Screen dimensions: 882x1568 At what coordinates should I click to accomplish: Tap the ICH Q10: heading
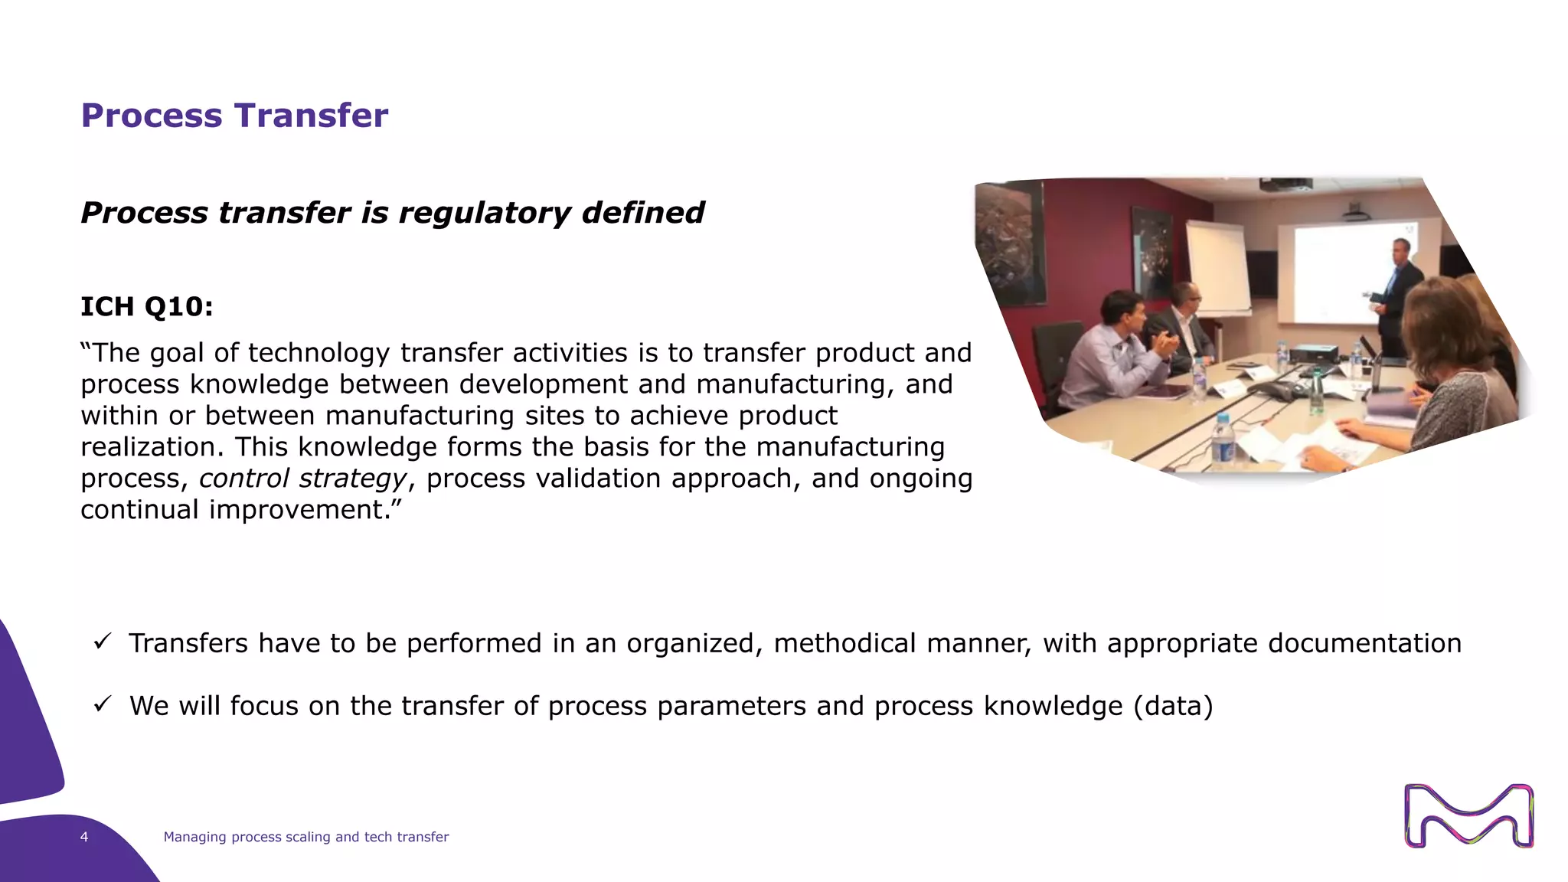(x=147, y=306)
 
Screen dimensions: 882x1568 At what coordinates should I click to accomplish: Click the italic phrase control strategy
(x=302, y=479)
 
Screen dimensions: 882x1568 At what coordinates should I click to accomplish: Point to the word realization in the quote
(x=152, y=447)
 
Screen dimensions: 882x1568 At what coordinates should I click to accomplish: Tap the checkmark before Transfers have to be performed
(x=103, y=642)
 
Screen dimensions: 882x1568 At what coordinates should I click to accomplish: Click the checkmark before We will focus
(x=103, y=704)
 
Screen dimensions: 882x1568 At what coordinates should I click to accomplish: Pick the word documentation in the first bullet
(x=1364, y=643)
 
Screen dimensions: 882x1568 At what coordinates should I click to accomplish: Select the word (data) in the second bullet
(x=1173, y=706)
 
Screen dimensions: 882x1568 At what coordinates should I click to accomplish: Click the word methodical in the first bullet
(x=844, y=643)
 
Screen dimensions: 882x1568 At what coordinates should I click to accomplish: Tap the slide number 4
(x=84, y=837)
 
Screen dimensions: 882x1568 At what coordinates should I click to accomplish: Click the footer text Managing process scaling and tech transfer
(x=305, y=837)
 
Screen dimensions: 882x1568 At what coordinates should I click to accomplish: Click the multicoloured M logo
(x=1468, y=815)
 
